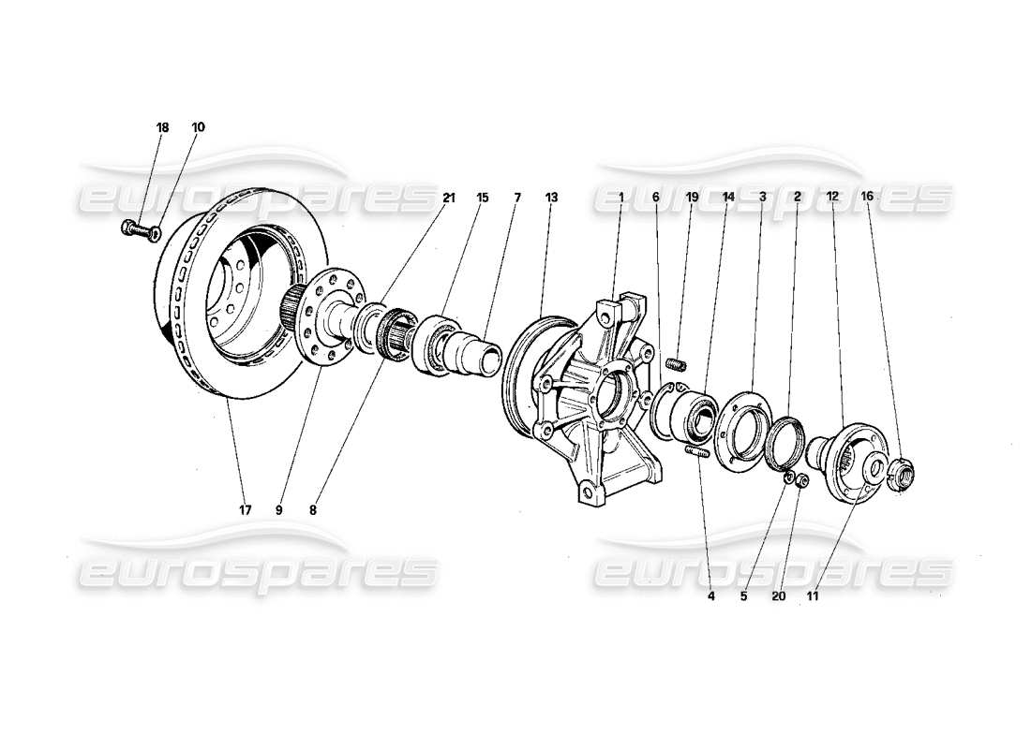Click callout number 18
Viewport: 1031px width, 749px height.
click(162, 126)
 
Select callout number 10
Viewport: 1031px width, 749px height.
click(198, 126)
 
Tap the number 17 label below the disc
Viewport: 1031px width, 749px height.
click(244, 510)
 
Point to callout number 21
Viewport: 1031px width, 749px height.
click(449, 198)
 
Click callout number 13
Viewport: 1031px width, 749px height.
click(551, 198)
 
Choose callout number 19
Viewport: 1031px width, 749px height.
click(693, 198)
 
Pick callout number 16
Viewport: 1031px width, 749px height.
click(866, 198)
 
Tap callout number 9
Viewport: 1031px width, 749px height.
click(278, 510)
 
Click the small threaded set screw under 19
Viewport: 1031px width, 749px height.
click(677, 363)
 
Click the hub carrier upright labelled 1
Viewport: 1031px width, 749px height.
click(600, 393)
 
